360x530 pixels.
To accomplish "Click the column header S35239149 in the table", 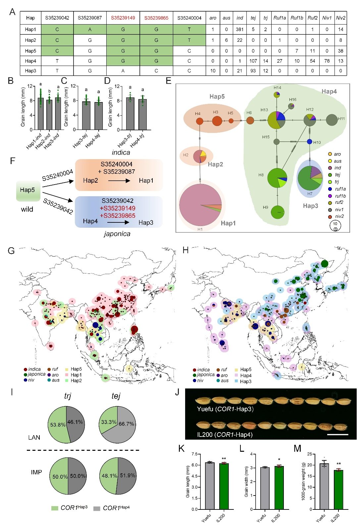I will point(123,18).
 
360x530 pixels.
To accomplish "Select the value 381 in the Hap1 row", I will point(239,29).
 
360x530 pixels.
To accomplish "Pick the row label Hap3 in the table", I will point(30,71).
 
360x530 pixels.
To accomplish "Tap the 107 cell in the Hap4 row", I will point(253,61).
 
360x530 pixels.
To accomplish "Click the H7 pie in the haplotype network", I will point(310,178).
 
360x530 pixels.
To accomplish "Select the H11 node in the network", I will point(332,120).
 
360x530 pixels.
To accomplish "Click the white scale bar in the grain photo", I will point(337,434).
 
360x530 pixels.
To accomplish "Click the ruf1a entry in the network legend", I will point(340,189).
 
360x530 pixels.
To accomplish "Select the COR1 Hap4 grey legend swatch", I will point(97,508).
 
